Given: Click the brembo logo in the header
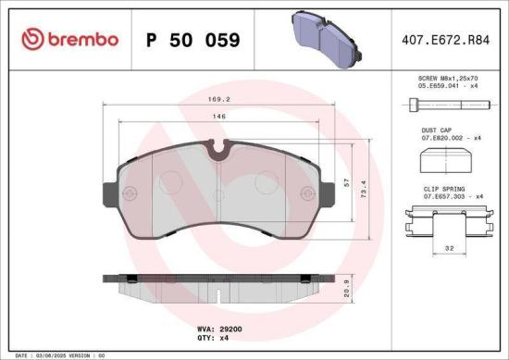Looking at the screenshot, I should coord(69,40).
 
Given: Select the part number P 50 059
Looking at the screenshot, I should coord(193,41).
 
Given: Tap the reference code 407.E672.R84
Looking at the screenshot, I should coord(445,40).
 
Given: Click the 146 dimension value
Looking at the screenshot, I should coord(219,117).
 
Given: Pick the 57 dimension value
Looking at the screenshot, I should coord(347,183).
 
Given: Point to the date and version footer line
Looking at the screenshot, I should coord(56,354).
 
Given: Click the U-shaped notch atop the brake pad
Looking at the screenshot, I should coord(219,145).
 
